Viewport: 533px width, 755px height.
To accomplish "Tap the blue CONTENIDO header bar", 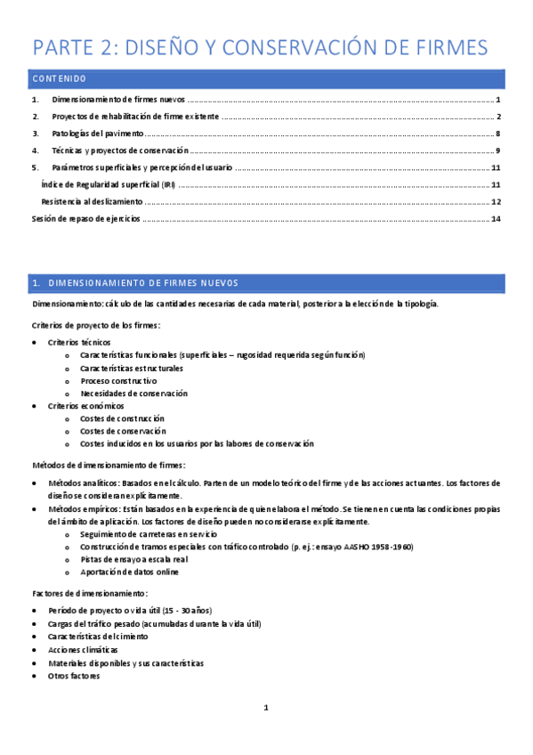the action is (267, 79).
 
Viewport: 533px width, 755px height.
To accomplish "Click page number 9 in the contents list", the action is (498, 150).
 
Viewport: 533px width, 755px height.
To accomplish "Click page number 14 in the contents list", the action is (496, 219).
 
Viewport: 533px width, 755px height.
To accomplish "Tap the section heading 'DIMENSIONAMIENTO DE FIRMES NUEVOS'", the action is (142, 283).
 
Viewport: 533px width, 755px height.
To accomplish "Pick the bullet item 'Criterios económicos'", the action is (86, 406).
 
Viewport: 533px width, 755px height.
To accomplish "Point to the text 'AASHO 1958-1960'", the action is (380, 547).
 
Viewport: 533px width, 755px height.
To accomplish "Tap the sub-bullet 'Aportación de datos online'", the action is (129, 572).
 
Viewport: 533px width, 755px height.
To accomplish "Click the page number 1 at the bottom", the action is (266, 709).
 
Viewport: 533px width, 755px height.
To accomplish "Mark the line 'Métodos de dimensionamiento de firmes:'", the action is (109, 465).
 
